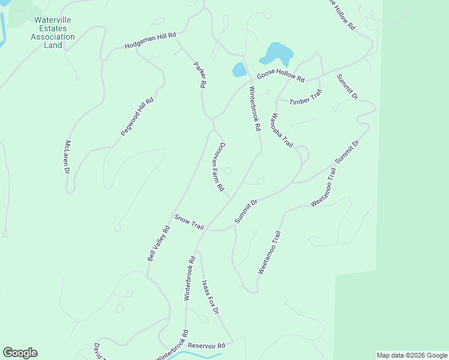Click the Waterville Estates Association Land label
52,32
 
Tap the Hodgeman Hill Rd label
150,41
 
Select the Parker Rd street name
199,75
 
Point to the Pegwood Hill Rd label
137,116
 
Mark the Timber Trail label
306,97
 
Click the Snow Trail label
189,222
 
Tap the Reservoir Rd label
206,346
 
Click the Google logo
20,353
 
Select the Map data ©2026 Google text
412,355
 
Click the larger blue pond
276,54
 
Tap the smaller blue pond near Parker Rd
239,70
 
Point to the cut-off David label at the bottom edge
97,352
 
